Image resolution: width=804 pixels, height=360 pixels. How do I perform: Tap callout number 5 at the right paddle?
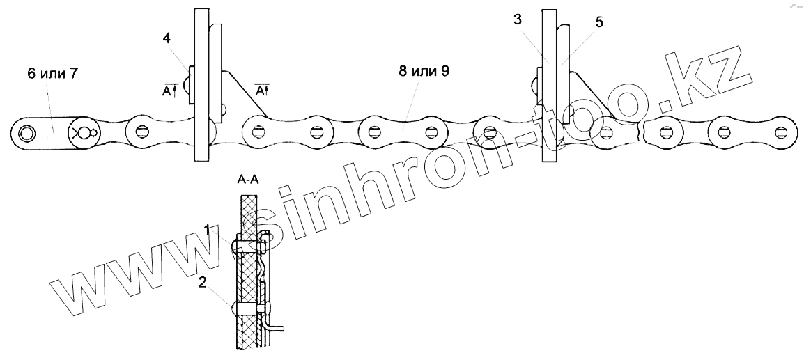[600, 22]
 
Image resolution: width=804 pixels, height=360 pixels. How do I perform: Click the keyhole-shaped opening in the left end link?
[85, 132]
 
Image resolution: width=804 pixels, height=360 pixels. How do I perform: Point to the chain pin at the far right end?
[783, 132]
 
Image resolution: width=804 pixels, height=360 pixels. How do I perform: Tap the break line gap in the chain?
[642, 130]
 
